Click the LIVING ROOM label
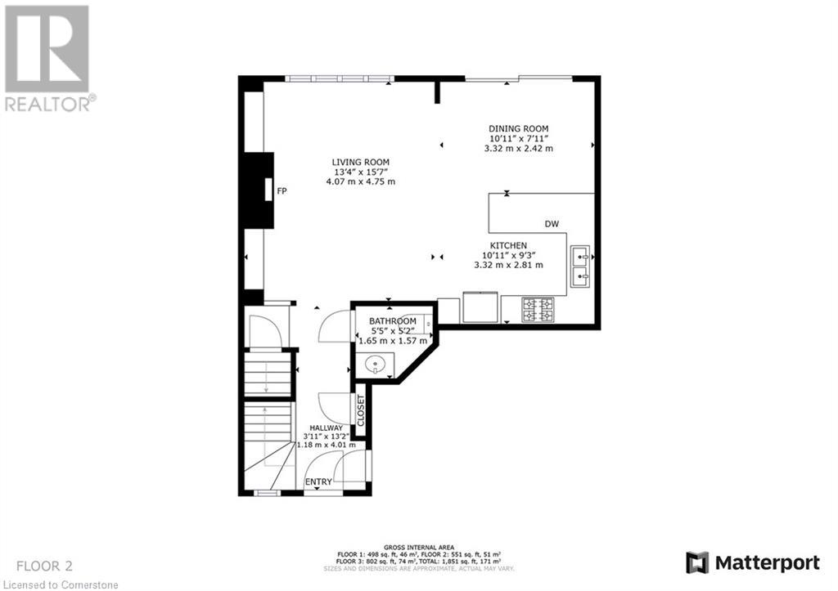[x=360, y=162]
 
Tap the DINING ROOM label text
[x=518, y=128]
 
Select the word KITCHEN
[x=507, y=245]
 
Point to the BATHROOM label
[x=392, y=321]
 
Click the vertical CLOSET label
[x=361, y=410]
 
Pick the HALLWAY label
[x=326, y=428]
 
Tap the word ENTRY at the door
[x=318, y=482]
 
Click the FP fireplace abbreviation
[x=282, y=190]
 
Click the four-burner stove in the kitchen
[x=538, y=309]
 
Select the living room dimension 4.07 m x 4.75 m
[x=360, y=181]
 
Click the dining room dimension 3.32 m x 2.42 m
[x=518, y=148]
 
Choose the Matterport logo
[x=753, y=562]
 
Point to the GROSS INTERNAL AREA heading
[x=418, y=547]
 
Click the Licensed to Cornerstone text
[x=60, y=584]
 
